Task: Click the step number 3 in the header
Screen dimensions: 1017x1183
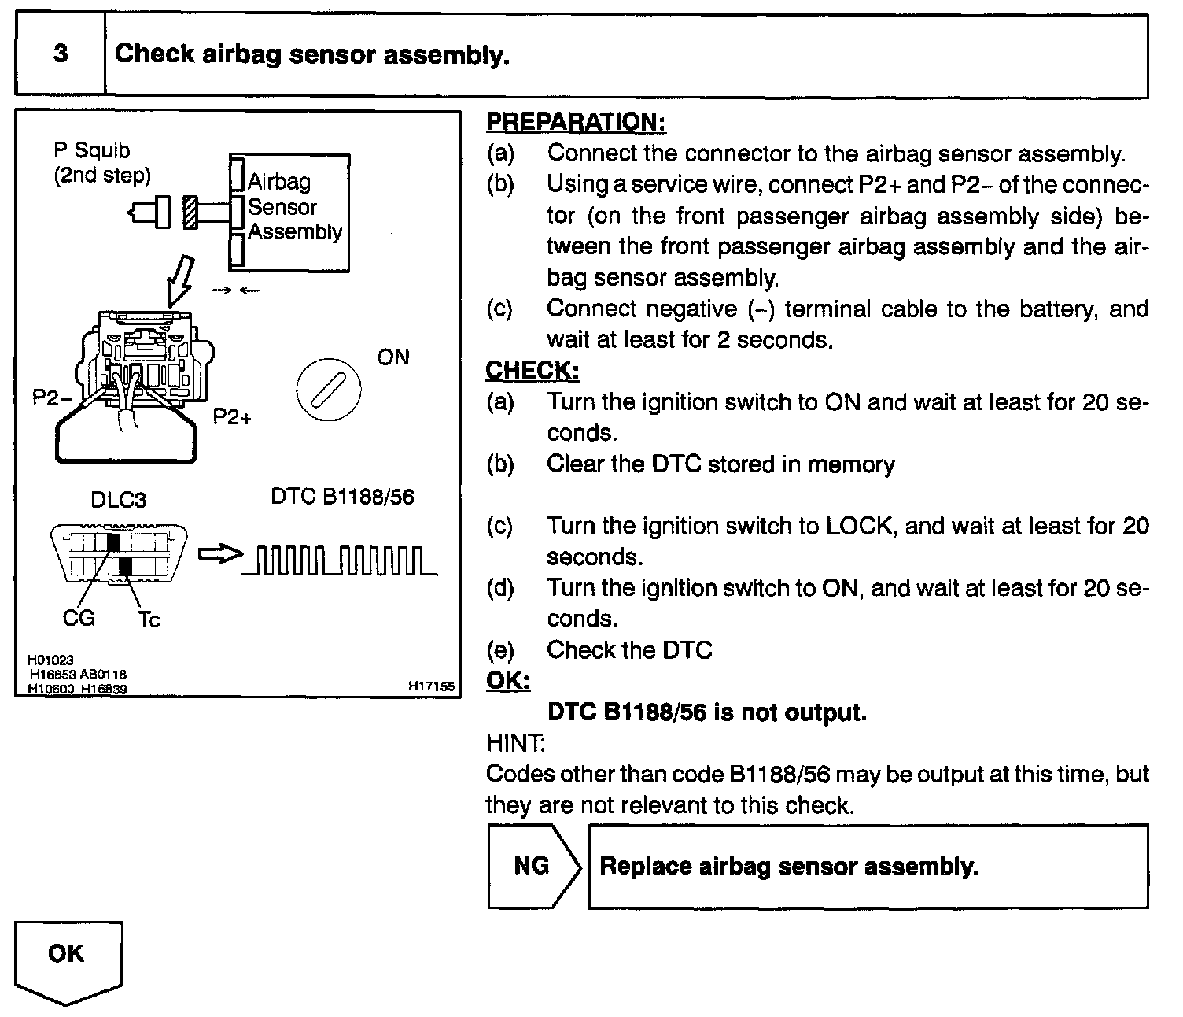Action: coord(61,54)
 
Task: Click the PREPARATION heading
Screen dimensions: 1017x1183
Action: coord(576,122)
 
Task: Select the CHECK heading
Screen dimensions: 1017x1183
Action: coord(532,370)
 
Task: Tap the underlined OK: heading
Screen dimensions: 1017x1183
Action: coord(508,680)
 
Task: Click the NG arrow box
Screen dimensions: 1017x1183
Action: coord(533,867)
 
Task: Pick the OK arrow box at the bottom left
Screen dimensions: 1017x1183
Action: coord(67,958)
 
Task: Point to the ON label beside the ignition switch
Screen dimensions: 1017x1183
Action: coord(393,357)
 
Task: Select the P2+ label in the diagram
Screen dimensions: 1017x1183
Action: coord(232,416)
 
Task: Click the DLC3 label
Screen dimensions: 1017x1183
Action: coord(118,500)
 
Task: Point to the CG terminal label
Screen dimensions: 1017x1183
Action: coord(79,618)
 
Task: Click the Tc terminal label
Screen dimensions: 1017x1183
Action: coord(149,620)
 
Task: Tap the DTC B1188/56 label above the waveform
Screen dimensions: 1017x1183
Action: coord(342,497)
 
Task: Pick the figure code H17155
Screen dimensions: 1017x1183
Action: coord(431,686)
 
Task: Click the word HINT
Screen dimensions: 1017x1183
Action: coord(515,742)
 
